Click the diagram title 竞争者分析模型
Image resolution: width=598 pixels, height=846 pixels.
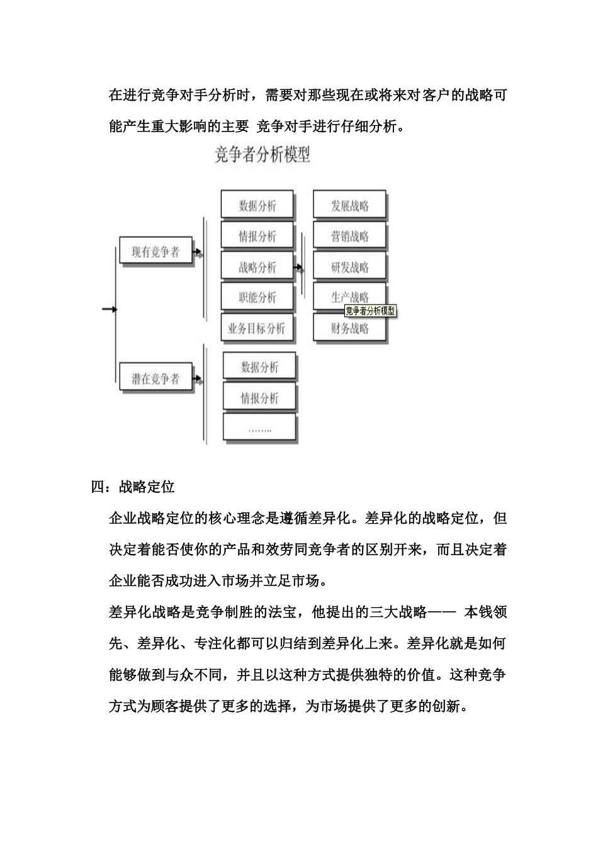[x=262, y=154]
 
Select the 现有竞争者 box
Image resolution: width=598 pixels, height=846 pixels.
[x=155, y=252]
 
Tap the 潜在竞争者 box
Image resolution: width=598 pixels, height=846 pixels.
[x=155, y=379]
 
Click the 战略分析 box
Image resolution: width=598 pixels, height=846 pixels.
[x=257, y=268]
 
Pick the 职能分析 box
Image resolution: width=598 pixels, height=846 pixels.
[x=257, y=298]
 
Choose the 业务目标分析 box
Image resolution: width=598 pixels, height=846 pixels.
[x=257, y=328]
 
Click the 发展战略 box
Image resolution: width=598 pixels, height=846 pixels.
[x=349, y=206]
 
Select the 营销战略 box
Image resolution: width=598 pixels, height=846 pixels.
[x=349, y=237]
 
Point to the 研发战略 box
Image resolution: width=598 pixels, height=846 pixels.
[x=349, y=268]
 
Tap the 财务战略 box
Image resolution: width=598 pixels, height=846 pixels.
[x=349, y=328]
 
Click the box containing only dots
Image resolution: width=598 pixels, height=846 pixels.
[x=259, y=429]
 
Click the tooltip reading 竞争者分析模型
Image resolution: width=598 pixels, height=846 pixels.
[x=370, y=311]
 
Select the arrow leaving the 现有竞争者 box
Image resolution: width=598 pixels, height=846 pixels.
[x=198, y=253]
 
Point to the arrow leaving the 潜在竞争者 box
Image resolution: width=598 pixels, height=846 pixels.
[x=198, y=380]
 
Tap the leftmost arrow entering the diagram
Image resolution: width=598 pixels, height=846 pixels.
[x=110, y=309]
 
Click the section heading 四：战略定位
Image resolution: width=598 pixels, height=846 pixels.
[x=133, y=487]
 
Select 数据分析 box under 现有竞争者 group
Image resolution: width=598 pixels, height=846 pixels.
[x=257, y=206]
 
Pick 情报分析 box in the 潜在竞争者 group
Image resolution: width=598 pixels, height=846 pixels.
[x=259, y=398]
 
